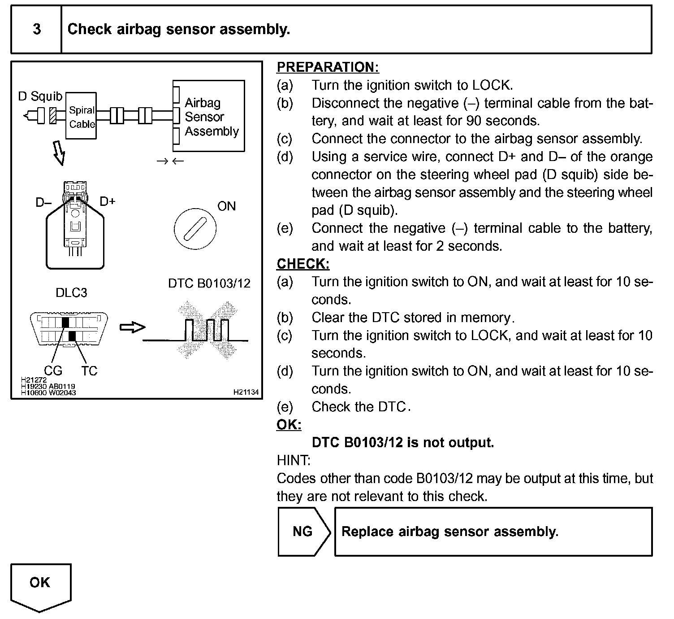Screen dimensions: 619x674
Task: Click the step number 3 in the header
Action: pyautogui.click(x=37, y=30)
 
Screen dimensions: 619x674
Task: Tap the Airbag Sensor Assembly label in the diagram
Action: pyautogui.click(x=212, y=117)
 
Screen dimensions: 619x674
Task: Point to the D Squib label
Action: pyautogui.click(x=40, y=96)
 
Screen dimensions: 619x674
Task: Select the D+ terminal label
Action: pyautogui.click(x=108, y=201)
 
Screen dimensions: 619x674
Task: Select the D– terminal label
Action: pyautogui.click(x=43, y=203)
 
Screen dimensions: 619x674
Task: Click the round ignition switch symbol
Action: pyautogui.click(x=195, y=228)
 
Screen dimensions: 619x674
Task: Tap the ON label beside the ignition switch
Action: pyautogui.click(x=226, y=206)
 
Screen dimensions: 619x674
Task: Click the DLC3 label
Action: pyautogui.click(x=71, y=293)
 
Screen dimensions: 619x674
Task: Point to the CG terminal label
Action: pyautogui.click(x=53, y=371)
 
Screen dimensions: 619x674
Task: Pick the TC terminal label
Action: pyautogui.click(x=89, y=371)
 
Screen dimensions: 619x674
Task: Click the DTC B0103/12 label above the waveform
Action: pyautogui.click(x=209, y=283)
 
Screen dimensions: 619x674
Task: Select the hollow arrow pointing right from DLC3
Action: pyautogui.click(x=133, y=327)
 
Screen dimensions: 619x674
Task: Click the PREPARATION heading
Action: pyautogui.click(x=328, y=67)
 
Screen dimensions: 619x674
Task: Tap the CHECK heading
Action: pyautogui.click(x=303, y=264)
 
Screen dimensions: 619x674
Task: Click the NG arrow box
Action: pyautogui.click(x=303, y=532)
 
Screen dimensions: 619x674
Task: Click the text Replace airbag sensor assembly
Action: pyautogui.click(x=450, y=532)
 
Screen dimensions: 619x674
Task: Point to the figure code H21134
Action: pyautogui.click(x=246, y=392)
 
